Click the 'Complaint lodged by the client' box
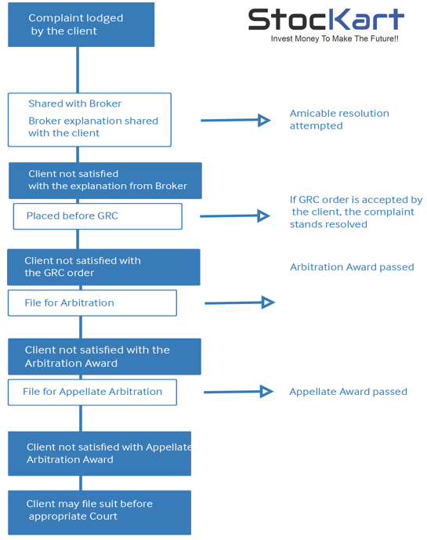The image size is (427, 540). click(x=81, y=24)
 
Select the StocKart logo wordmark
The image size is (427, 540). click(x=326, y=20)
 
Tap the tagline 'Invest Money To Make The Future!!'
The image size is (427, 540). click(x=335, y=38)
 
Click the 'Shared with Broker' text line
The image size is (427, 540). click(x=74, y=103)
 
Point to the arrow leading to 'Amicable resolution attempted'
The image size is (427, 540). click(x=236, y=120)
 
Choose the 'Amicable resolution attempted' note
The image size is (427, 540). click(x=339, y=119)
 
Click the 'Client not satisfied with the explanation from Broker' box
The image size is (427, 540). click(x=105, y=180)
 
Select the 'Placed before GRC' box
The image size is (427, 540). click(x=97, y=216)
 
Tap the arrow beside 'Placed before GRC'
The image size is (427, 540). click(x=235, y=216)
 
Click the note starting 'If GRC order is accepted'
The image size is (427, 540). click(x=356, y=212)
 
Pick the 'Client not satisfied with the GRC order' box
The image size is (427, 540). click(x=103, y=267)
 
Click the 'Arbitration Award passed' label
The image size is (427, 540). click(x=352, y=267)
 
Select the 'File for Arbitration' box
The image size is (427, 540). click(x=92, y=303)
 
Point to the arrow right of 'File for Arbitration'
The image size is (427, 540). click(x=240, y=303)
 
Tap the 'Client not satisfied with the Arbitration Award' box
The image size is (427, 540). click(x=105, y=357)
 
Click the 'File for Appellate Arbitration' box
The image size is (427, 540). click(x=92, y=392)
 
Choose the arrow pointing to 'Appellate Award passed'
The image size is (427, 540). click(x=239, y=392)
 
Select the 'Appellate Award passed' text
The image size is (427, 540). click(x=348, y=392)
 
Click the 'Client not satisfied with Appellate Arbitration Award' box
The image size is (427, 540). click(x=100, y=454)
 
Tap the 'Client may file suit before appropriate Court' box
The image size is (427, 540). click(x=100, y=513)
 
